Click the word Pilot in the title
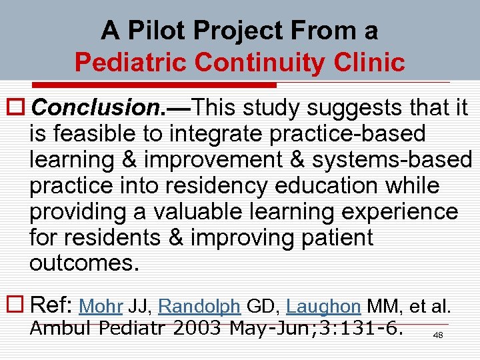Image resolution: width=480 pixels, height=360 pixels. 151,30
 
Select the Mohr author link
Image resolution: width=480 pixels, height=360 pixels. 99,307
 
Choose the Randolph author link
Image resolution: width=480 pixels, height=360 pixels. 200,307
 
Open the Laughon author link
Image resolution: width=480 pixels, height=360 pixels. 323,307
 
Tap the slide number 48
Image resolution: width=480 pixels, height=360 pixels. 438,335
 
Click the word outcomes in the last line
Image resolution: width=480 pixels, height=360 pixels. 84,264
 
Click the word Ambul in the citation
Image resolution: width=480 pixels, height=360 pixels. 57,328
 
